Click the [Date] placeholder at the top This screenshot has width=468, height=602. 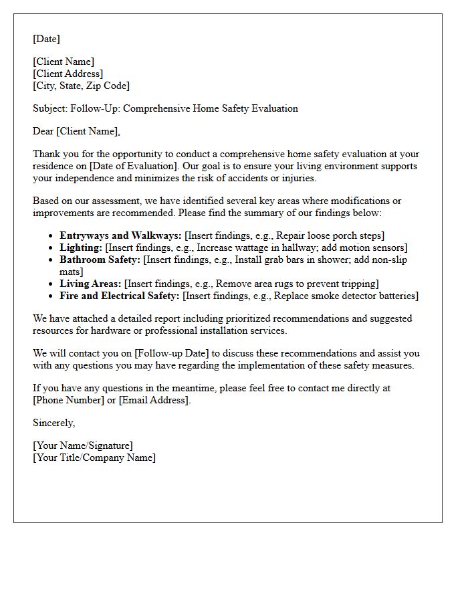click(x=46, y=39)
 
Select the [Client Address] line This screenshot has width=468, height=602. click(x=68, y=74)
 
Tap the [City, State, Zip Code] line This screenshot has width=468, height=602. click(x=81, y=86)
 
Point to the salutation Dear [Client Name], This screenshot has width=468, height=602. click(x=76, y=131)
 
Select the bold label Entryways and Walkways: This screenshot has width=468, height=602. click(x=120, y=235)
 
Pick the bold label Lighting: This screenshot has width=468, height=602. click(x=81, y=247)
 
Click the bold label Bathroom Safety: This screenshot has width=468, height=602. click(x=100, y=260)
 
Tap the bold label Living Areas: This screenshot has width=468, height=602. click(x=90, y=284)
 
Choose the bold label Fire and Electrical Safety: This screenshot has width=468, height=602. click(x=119, y=296)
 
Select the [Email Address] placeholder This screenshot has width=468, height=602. click(x=154, y=400)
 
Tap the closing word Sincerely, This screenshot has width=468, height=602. click(x=53, y=423)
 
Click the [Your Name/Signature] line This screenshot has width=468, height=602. click(x=83, y=445)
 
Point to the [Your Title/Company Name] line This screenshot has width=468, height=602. click(x=94, y=458)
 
